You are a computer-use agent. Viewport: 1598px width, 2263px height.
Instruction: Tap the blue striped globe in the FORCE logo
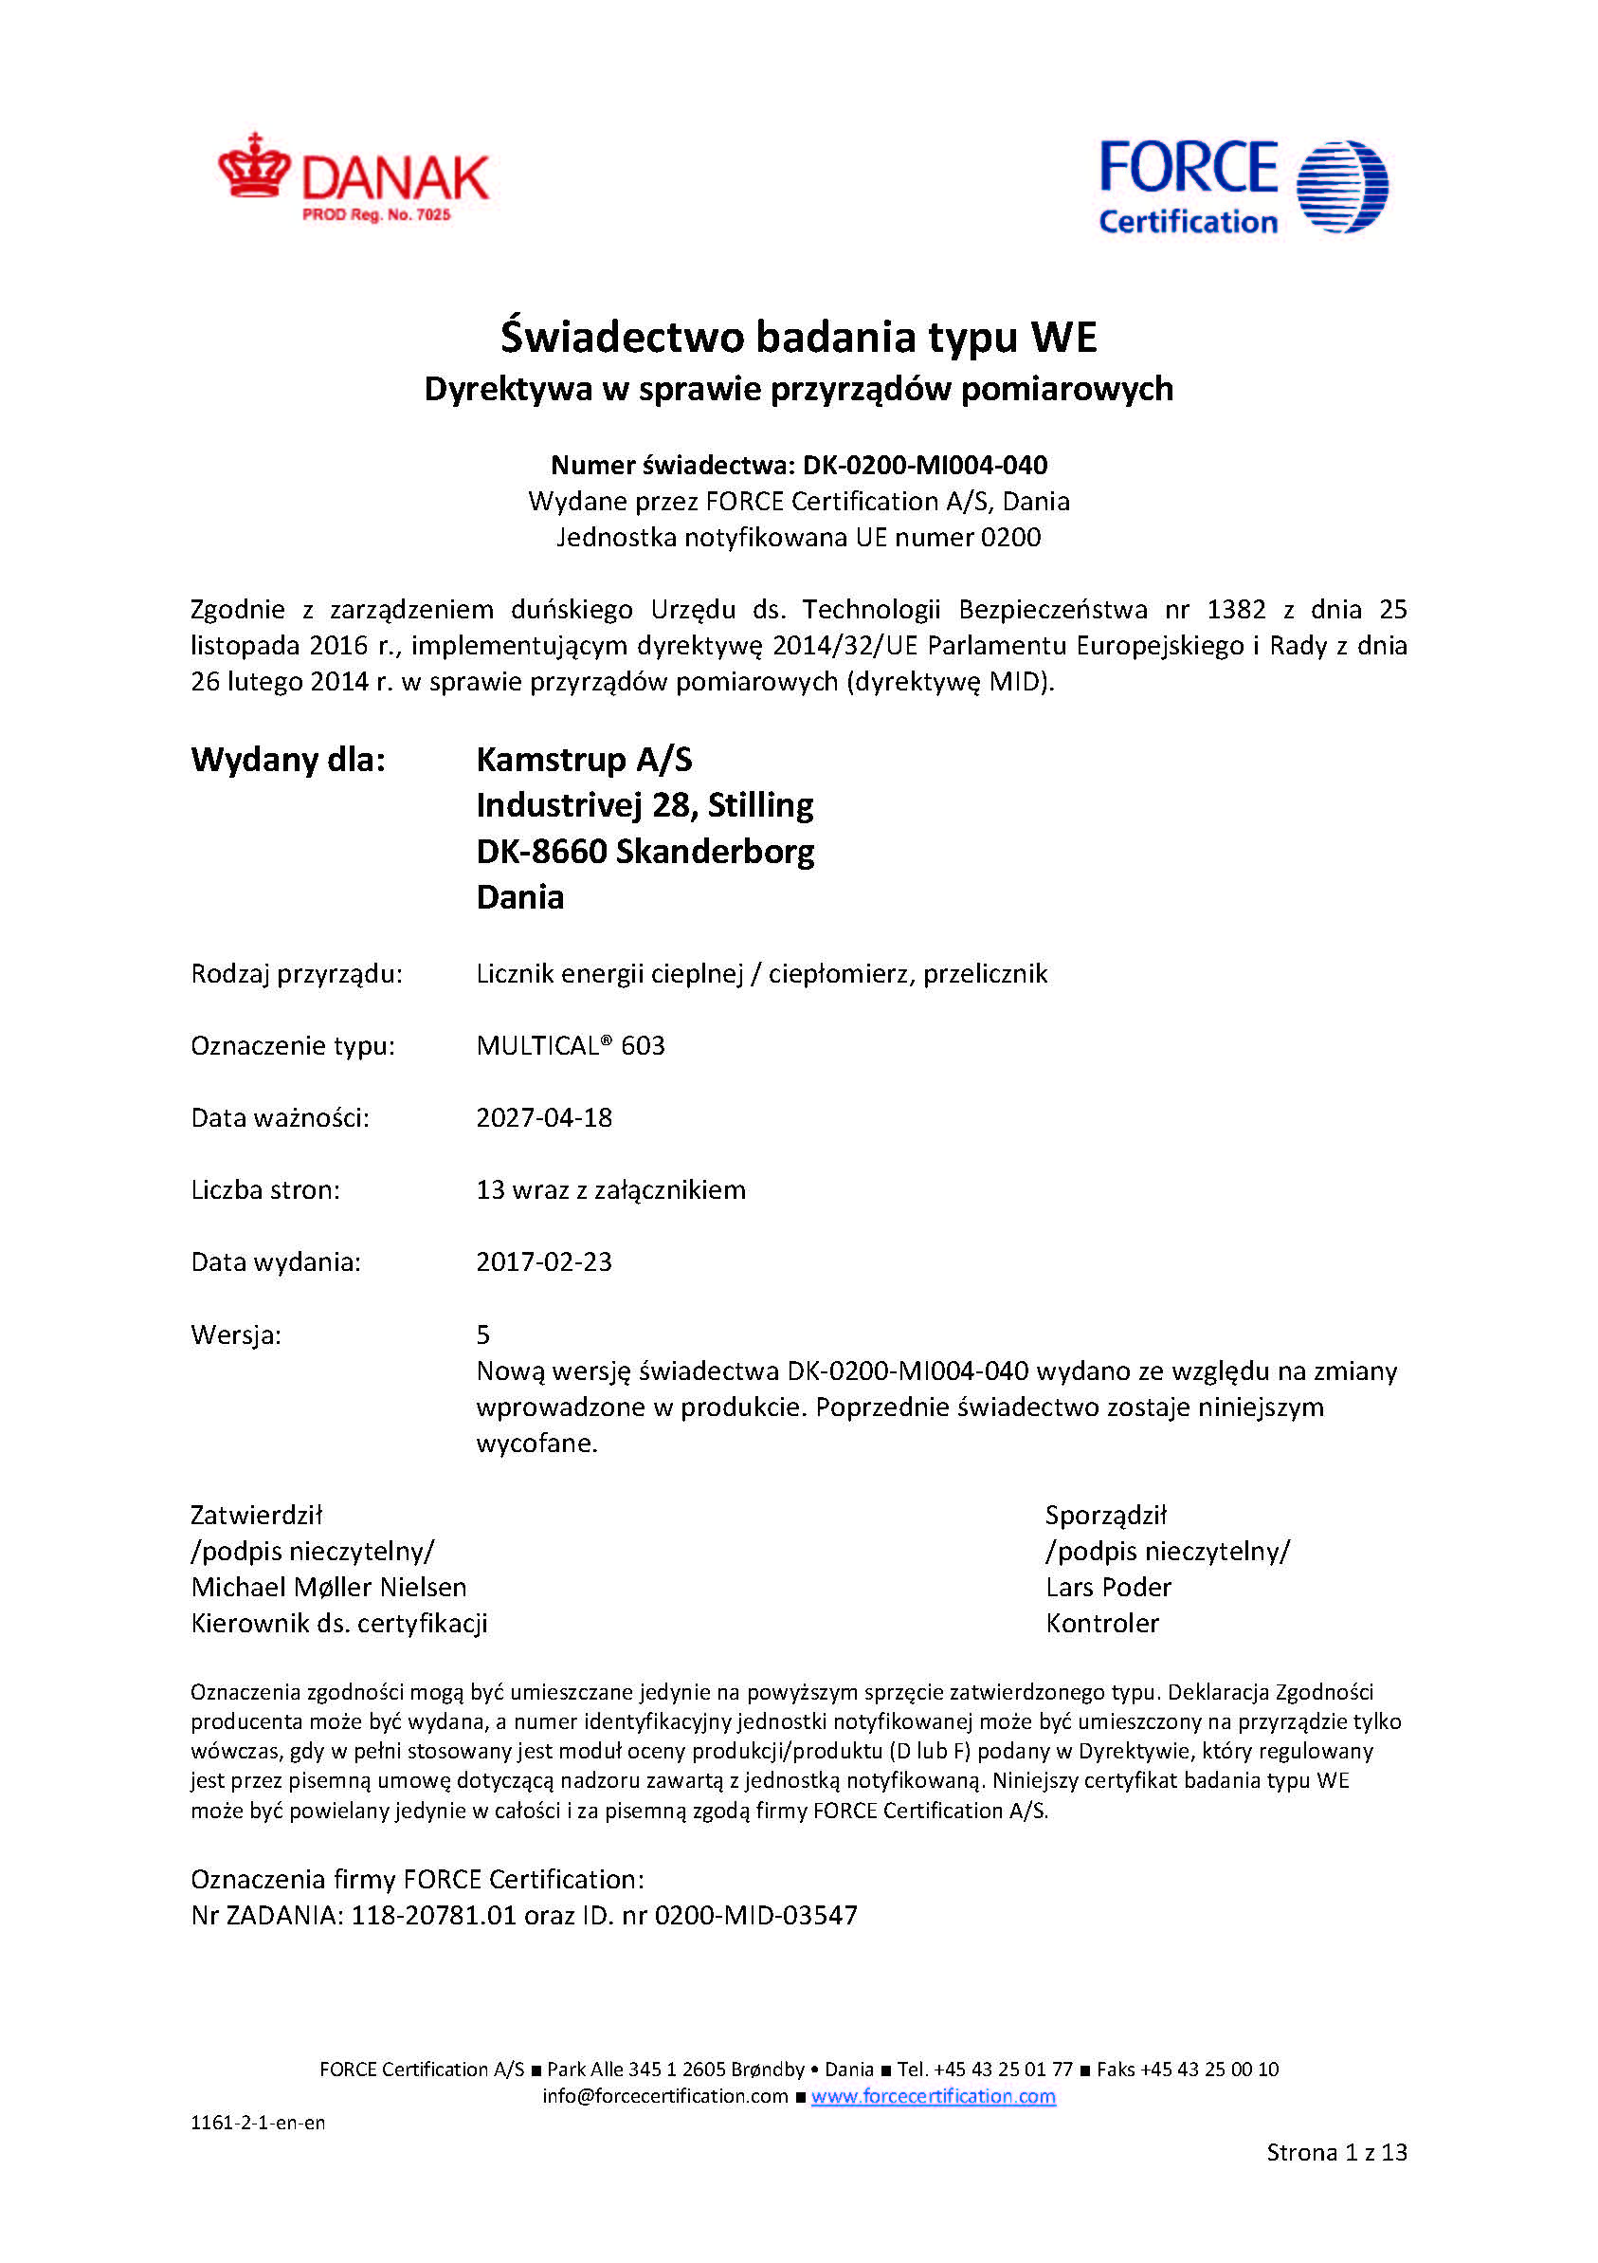click(x=1341, y=186)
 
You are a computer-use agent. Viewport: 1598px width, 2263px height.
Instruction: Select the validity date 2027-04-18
click(x=544, y=1117)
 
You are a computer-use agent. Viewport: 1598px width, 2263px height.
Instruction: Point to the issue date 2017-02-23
click(x=544, y=1261)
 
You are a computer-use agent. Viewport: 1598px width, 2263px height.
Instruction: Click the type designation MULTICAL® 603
click(x=571, y=1046)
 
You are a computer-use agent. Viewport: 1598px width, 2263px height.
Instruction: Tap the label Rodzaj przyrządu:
click(x=297, y=974)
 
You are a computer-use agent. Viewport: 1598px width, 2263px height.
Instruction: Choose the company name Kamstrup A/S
click(x=584, y=759)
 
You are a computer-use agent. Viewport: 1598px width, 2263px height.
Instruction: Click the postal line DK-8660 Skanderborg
click(x=645, y=851)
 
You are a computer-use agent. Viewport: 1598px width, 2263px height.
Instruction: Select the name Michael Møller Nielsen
click(x=328, y=1587)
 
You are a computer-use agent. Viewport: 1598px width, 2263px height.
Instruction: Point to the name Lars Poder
click(x=1108, y=1587)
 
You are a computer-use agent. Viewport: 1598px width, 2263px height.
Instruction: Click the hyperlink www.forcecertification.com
click(x=933, y=2096)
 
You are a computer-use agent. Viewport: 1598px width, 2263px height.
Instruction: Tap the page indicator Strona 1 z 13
click(x=1336, y=2153)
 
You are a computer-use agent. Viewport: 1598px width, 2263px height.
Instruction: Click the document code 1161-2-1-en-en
click(x=257, y=2123)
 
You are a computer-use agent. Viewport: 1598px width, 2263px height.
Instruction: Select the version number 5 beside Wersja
click(x=482, y=1334)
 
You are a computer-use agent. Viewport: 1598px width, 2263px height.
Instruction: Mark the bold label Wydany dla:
click(x=288, y=760)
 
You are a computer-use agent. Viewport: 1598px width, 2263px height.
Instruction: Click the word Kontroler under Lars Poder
click(x=1102, y=1624)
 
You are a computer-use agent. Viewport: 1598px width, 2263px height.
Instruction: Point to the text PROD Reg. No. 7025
click(x=376, y=215)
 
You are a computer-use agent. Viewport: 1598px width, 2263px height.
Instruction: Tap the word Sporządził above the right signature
click(x=1105, y=1515)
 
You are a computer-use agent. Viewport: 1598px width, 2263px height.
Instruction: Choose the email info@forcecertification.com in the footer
click(x=665, y=2096)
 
